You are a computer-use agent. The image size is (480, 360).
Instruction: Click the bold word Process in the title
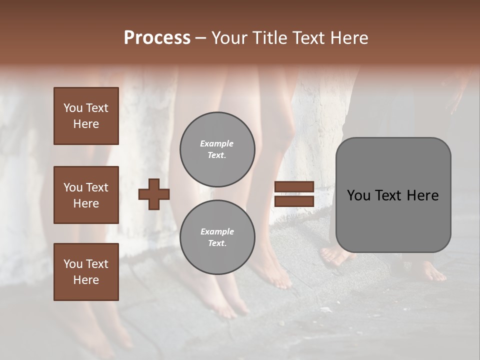[x=157, y=38]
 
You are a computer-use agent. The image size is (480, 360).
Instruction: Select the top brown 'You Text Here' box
[x=86, y=116]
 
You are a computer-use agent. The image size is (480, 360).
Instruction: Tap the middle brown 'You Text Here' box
[x=86, y=195]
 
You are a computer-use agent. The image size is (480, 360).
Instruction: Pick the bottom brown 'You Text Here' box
[x=86, y=272]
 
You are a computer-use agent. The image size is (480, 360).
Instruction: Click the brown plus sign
[x=154, y=194]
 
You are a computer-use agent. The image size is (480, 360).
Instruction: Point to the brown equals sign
[x=294, y=194]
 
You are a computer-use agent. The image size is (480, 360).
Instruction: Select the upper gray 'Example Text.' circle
[x=217, y=149]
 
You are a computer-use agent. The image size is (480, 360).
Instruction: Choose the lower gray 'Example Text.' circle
[x=217, y=237]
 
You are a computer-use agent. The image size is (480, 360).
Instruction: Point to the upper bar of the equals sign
[x=294, y=187]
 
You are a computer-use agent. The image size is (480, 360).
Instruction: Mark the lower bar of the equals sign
[x=294, y=201]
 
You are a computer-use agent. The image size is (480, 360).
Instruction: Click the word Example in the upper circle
[x=217, y=143]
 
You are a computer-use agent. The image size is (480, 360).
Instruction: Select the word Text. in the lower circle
[x=217, y=243]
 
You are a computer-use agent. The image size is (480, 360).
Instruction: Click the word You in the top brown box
[x=72, y=108]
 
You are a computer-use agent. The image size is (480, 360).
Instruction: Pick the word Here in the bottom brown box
[x=86, y=280]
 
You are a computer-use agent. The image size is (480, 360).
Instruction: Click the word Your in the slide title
[x=229, y=38]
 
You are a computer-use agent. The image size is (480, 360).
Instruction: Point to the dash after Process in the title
[x=200, y=38]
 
